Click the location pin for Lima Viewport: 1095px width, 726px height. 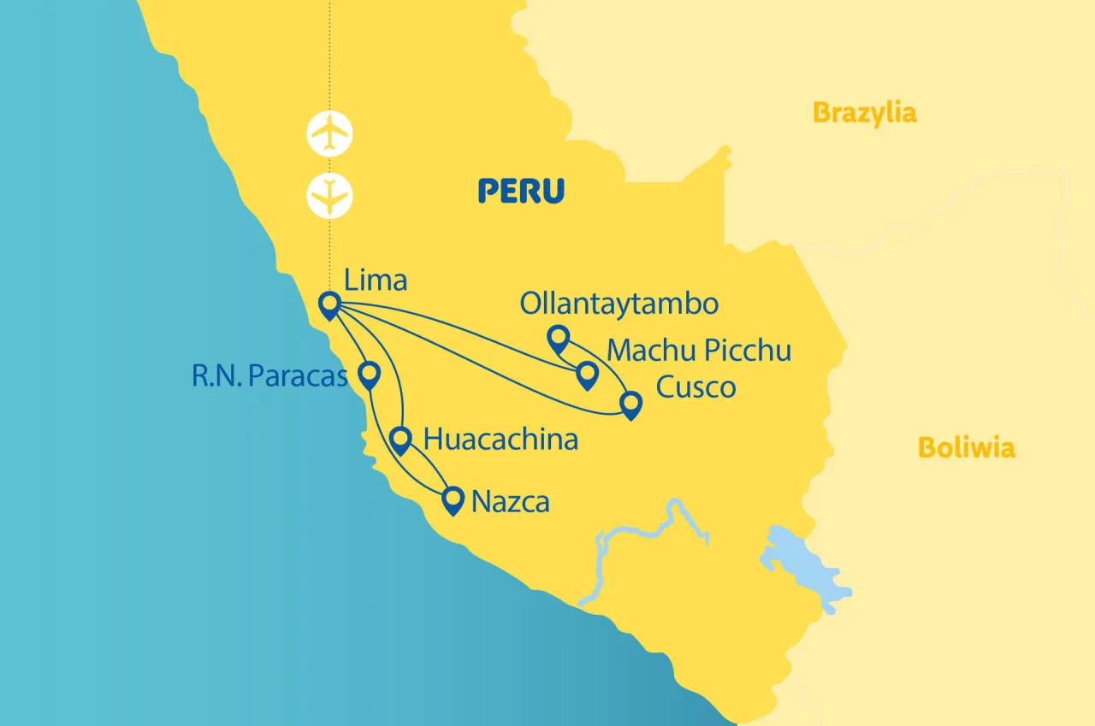click(x=328, y=304)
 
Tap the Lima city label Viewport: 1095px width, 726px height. click(x=375, y=280)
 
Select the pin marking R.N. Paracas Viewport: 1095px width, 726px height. click(x=369, y=374)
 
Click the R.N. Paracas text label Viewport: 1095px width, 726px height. click(x=269, y=377)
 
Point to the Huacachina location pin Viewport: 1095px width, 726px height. click(x=400, y=439)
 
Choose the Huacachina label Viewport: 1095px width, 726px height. click(x=500, y=440)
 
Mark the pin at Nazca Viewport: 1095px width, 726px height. click(x=453, y=499)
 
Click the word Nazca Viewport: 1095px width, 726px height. click(x=510, y=502)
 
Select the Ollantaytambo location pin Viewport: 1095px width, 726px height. click(x=558, y=338)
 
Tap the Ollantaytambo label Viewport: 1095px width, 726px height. click(x=619, y=304)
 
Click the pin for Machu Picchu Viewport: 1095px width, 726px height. click(x=587, y=374)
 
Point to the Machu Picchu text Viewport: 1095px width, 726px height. click(x=698, y=351)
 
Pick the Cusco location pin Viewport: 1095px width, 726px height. click(x=630, y=404)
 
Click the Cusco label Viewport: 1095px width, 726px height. click(x=695, y=387)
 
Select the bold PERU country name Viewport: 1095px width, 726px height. click(x=521, y=191)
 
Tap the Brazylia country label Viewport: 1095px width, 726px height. click(x=864, y=112)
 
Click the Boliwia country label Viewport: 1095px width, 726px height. click(x=966, y=447)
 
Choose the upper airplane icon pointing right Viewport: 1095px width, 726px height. click(x=329, y=133)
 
